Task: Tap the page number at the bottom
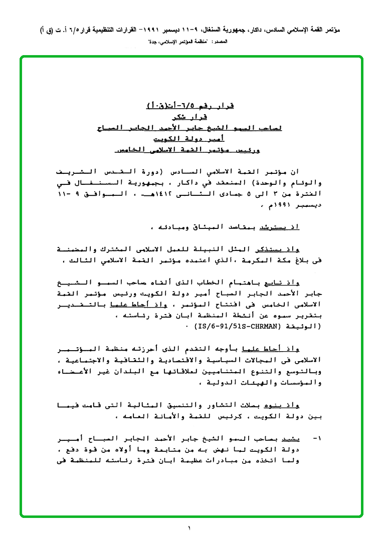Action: pyautogui.click(x=190, y=528)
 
